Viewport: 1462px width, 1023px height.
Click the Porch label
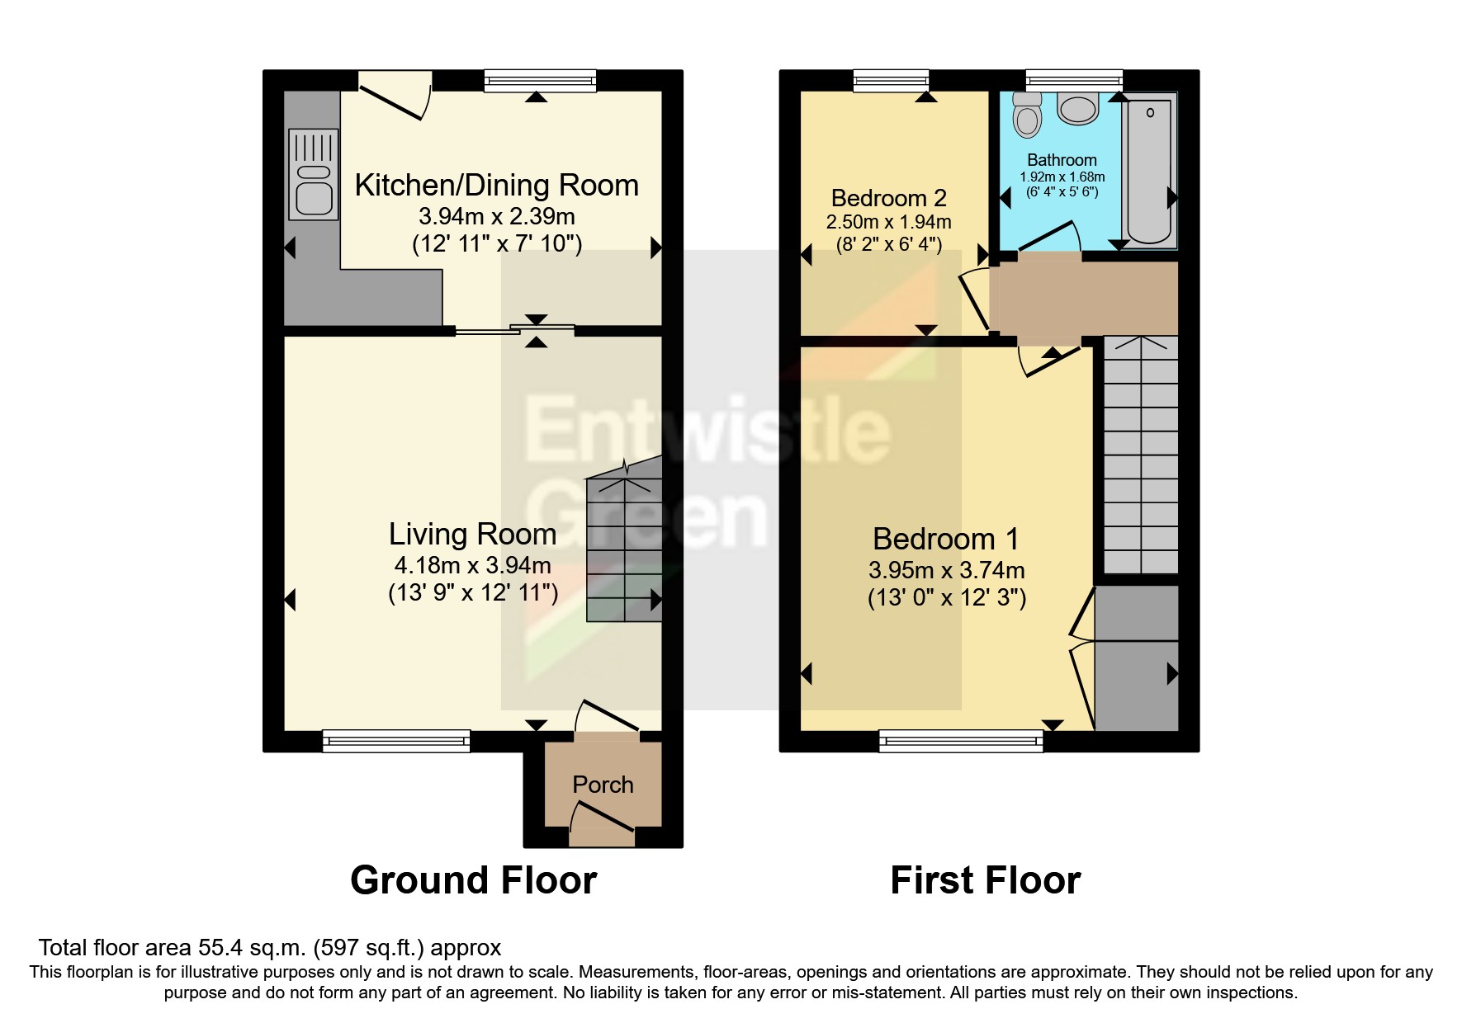[603, 785]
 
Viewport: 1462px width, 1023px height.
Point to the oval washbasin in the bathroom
[1077, 108]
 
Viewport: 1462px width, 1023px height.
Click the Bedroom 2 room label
[888, 198]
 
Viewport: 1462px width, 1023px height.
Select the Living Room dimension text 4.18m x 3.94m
[472, 566]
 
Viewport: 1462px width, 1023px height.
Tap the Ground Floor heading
[473, 880]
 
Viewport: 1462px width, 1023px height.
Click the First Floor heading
[985, 880]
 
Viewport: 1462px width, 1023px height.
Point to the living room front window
[396, 741]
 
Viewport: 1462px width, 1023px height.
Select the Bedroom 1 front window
[961, 741]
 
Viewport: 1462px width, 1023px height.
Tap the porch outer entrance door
[601, 827]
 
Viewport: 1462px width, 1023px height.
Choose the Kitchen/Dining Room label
[496, 186]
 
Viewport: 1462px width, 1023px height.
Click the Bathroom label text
[1062, 160]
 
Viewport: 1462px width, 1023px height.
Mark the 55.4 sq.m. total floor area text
[269, 948]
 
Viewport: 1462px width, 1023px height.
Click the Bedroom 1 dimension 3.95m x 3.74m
[946, 570]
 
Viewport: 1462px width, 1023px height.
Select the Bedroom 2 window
[891, 80]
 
